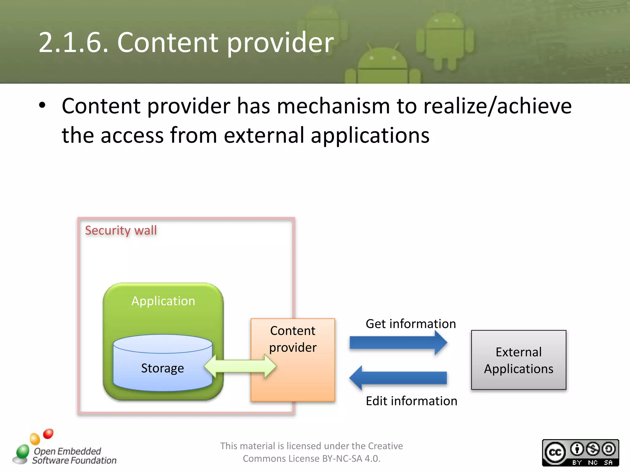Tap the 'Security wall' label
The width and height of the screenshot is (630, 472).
point(121,230)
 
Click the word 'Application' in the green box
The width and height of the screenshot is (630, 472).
point(163,301)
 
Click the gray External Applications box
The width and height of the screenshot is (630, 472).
point(518,360)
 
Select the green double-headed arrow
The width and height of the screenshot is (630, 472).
point(240,366)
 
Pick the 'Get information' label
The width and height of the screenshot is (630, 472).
point(411,324)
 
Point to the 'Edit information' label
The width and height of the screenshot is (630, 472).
point(411,401)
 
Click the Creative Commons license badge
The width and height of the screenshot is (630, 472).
point(580,453)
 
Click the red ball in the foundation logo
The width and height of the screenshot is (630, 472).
point(48,434)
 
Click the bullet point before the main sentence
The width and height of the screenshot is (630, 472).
point(42,105)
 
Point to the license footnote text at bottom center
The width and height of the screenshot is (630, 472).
point(311,452)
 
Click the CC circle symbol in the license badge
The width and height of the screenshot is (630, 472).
point(555,453)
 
